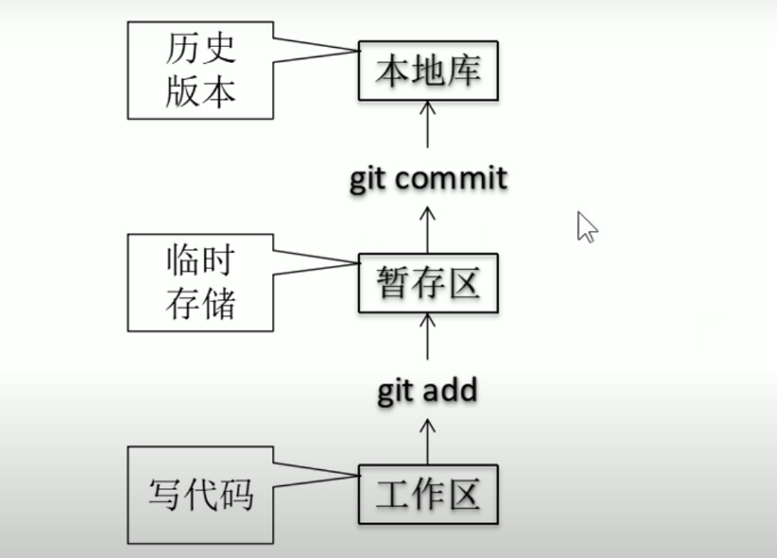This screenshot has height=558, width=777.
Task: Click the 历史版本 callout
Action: coord(200,70)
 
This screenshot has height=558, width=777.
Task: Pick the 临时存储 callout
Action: coord(200,283)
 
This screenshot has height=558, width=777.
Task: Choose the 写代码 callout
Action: coord(200,495)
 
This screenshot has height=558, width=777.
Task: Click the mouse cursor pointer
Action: coord(586,226)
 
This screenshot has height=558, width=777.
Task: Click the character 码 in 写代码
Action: coord(236,495)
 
